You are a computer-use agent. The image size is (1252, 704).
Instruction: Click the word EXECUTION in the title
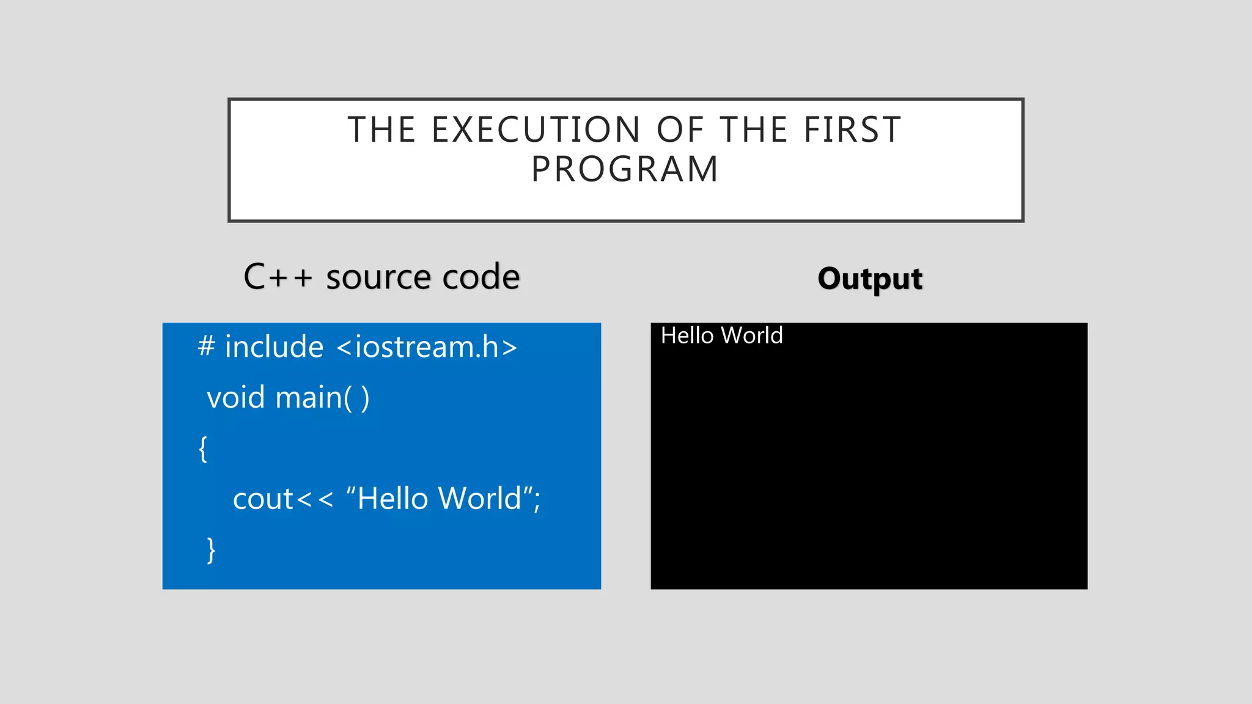(536, 130)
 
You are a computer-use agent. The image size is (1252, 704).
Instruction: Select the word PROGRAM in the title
(625, 169)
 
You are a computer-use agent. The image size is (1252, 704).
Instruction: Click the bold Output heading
(869, 279)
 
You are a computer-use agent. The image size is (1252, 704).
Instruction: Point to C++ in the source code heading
(278, 277)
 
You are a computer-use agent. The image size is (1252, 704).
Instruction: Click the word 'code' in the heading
(481, 277)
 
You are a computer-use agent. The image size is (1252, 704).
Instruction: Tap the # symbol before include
(207, 346)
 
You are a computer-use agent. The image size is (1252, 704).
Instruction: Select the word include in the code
(274, 347)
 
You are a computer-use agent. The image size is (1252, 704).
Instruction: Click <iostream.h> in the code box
(427, 347)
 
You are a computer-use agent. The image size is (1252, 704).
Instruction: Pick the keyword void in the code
(236, 398)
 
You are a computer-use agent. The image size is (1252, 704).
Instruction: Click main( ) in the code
(322, 398)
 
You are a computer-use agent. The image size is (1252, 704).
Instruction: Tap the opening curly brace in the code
(203, 449)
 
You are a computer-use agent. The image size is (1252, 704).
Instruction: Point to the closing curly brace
(211, 550)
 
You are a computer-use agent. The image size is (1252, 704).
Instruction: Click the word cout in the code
(263, 499)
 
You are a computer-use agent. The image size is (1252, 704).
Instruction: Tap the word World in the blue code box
(479, 499)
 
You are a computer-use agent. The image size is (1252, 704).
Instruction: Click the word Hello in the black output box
(687, 335)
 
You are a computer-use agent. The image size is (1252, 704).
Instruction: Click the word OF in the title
(679, 130)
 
